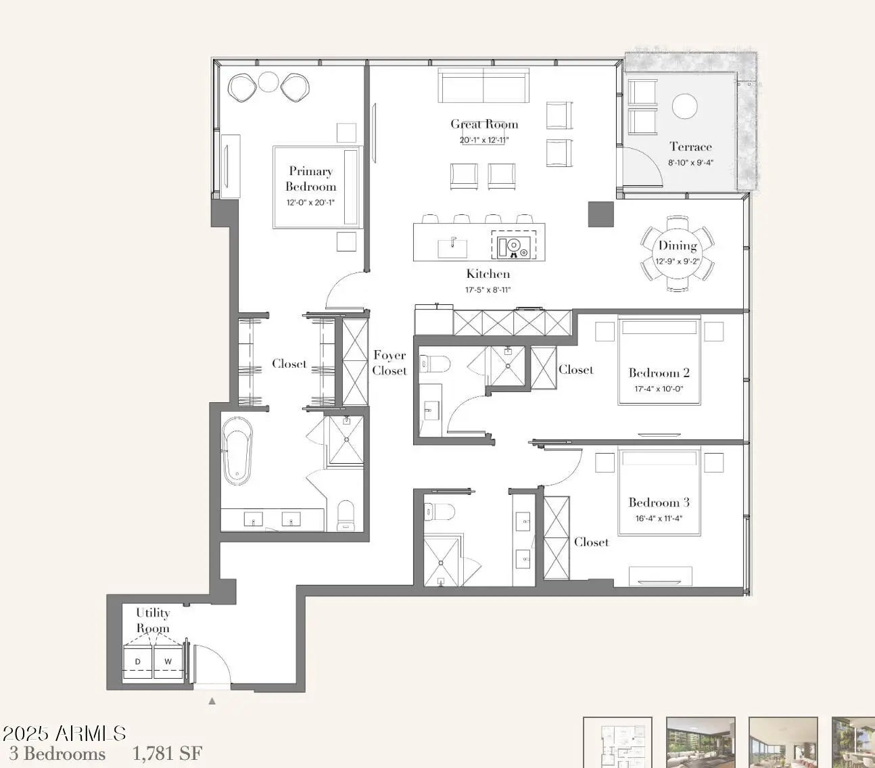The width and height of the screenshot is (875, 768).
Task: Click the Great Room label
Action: tap(484, 124)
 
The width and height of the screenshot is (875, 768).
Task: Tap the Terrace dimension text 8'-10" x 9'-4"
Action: tap(690, 163)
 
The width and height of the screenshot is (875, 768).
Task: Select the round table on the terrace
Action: tap(684, 106)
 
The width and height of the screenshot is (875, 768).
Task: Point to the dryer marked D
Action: tap(138, 662)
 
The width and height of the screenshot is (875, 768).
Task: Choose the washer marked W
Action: tap(168, 662)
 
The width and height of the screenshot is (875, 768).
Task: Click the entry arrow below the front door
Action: tap(212, 701)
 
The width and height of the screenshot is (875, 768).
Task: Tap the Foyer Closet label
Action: tap(389, 363)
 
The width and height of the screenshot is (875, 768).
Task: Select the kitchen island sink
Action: tap(452, 248)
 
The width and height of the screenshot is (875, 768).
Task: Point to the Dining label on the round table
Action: tap(678, 246)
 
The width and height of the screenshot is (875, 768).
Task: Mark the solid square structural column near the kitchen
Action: tap(600, 214)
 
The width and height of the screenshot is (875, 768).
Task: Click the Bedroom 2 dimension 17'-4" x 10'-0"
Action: tap(659, 389)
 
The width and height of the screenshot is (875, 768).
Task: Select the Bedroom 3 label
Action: tap(659, 502)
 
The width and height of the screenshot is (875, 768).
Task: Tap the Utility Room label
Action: tap(153, 620)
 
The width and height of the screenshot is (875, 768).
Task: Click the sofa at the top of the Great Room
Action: tap(483, 85)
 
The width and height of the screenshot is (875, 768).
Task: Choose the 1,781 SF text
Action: tap(167, 754)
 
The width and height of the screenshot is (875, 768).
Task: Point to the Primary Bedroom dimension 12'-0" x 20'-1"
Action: tap(310, 203)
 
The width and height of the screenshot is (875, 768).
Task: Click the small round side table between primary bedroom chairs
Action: tap(268, 82)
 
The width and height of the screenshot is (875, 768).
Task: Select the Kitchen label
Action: tap(488, 274)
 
